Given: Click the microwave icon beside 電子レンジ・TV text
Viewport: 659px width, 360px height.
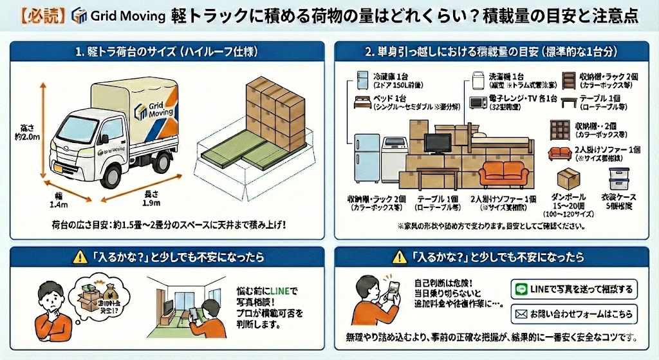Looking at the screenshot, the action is coord(478,102).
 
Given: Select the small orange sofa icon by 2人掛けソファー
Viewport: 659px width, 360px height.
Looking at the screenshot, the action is coord(557,153).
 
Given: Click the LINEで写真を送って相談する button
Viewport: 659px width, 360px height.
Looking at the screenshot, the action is coord(575,289).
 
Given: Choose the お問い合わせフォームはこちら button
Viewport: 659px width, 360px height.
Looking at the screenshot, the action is coord(575,314).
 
